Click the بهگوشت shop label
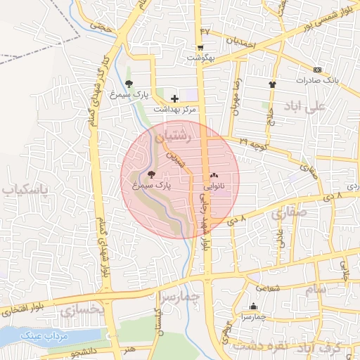click(202, 58)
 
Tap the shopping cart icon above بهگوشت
click(201, 48)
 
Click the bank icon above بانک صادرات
click(317, 70)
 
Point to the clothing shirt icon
click(273, 84)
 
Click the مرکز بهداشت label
click(179, 109)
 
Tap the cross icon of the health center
click(174, 98)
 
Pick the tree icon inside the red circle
click(152, 174)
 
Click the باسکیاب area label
click(25, 191)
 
